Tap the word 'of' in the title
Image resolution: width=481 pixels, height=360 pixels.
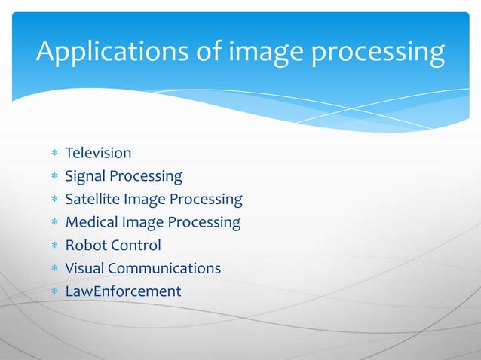click(x=207, y=52)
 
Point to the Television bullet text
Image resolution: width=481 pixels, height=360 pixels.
click(x=98, y=154)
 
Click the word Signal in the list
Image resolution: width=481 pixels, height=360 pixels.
click(x=85, y=177)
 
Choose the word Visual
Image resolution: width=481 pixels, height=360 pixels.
click(x=84, y=268)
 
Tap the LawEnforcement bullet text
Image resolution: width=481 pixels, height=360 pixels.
click(x=123, y=291)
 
